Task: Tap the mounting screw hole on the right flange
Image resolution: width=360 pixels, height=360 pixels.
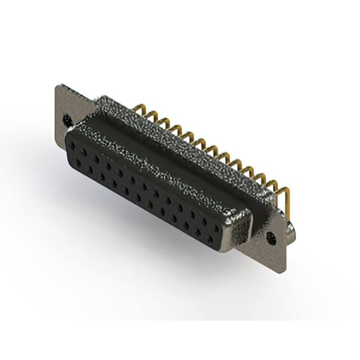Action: click(274, 237)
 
